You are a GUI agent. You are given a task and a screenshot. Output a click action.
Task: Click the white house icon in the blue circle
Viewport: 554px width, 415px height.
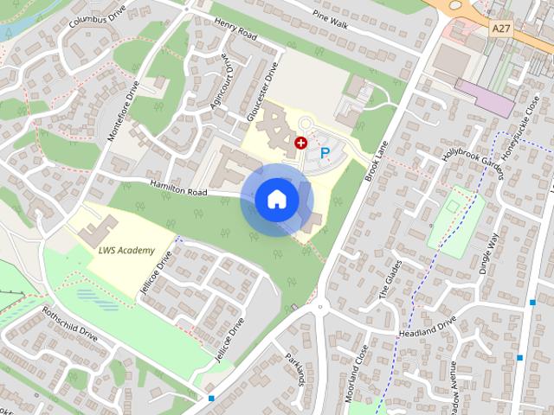[276, 198]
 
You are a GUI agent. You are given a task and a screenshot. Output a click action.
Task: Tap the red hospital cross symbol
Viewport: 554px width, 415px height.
[300, 142]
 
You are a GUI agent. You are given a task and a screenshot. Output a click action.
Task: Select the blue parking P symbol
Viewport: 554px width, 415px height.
[325, 153]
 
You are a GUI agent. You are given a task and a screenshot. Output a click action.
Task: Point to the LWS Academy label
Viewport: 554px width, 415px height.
[126, 251]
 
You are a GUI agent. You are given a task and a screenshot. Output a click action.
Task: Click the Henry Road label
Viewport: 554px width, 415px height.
[235, 31]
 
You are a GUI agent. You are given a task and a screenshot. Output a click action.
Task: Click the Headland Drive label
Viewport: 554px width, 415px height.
[427, 328]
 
